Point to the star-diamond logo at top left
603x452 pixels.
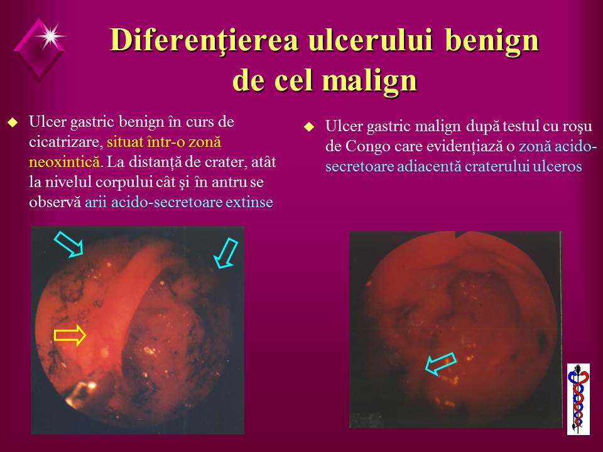tap(39, 48)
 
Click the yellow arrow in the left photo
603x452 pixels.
tap(70, 335)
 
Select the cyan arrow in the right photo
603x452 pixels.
tap(441, 363)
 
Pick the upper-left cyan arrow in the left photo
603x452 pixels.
tap(69, 244)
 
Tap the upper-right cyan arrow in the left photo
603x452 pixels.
tap(225, 253)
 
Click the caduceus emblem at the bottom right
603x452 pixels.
tap(579, 399)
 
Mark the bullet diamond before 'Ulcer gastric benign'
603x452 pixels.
tap(13, 122)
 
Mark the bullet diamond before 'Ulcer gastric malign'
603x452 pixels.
tap(309, 127)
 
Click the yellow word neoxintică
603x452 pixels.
tap(64, 162)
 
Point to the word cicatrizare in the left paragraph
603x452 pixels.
tap(66, 142)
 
